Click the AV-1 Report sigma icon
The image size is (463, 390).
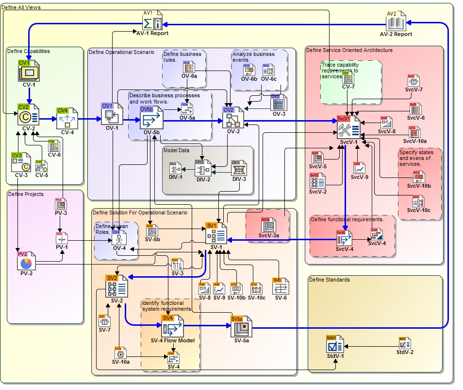click(154, 20)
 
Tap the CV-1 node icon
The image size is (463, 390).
click(29, 72)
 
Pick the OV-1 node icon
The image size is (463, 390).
click(112, 114)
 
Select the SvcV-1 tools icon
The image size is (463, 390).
click(349, 127)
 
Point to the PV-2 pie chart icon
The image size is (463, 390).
click(27, 263)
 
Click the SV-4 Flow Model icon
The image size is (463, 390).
click(172, 326)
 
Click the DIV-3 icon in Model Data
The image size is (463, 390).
click(239, 169)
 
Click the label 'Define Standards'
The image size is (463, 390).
click(329, 280)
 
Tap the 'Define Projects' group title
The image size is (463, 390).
click(26, 194)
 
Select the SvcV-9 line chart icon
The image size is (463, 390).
click(359, 168)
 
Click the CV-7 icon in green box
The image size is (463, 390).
click(348, 77)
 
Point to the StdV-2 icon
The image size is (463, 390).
click(405, 343)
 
